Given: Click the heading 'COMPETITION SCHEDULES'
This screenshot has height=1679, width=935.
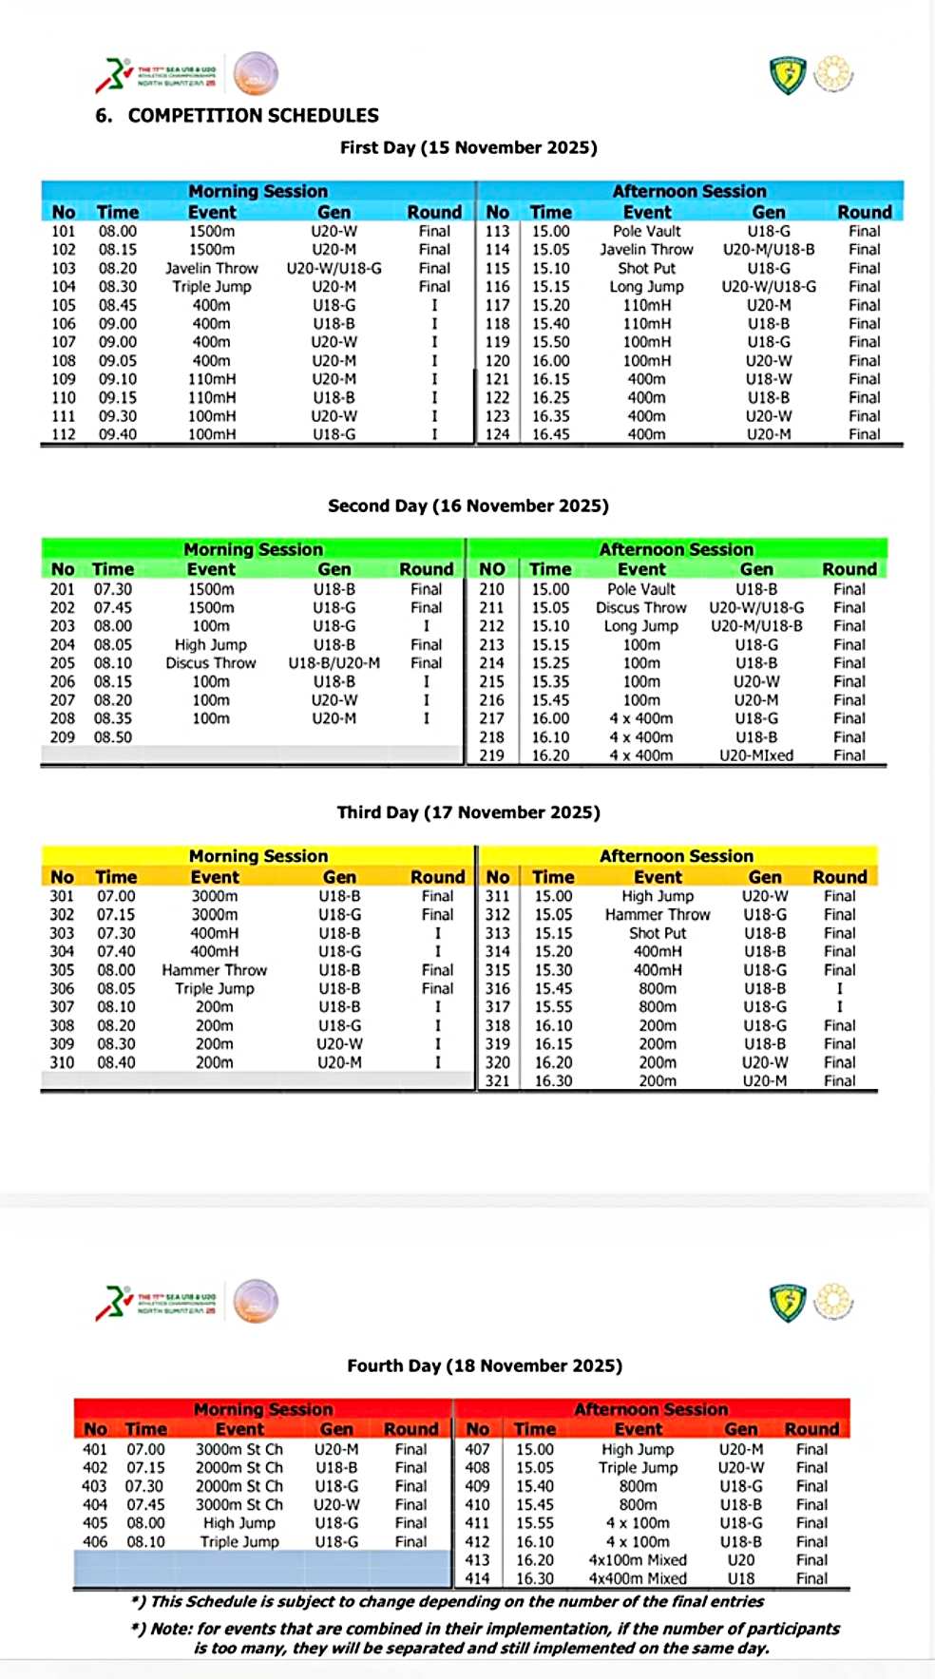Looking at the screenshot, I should tap(253, 116).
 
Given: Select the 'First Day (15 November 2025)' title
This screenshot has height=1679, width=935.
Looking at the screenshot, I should tap(468, 147).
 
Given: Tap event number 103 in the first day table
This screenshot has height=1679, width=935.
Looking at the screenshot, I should tap(64, 268).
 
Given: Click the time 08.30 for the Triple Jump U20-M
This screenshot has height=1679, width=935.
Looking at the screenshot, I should tap(118, 286).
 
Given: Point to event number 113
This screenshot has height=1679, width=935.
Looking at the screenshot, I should tap(498, 231).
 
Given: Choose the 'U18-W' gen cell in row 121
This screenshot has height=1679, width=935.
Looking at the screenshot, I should tap(769, 379).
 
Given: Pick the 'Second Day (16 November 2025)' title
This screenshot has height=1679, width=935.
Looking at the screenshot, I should tap(468, 506).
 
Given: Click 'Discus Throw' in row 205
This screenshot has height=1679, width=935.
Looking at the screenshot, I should tap(211, 663).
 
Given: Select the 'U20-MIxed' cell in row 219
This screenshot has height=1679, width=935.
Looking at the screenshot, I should tap(756, 755).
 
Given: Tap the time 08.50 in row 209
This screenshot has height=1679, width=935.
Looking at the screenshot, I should tap(113, 737).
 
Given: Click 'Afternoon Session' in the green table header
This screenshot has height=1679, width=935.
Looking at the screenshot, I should tap(676, 549).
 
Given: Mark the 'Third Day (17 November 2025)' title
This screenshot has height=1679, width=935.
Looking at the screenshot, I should tap(468, 812).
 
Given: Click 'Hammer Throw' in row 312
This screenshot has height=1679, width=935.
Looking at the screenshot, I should tap(658, 914).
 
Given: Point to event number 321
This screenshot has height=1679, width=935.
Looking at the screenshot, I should tap(498, 1080).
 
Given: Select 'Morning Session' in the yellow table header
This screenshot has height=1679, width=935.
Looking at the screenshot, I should tap(258, 856).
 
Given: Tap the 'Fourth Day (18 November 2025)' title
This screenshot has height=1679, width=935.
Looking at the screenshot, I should tap(485, 1365).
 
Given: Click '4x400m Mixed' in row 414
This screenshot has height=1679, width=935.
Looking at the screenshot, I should tap(638, 1578).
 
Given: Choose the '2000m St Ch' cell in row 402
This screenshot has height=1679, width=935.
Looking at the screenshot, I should tap(239, 1467).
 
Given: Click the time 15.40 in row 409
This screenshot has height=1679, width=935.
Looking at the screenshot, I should tap(535, 1486).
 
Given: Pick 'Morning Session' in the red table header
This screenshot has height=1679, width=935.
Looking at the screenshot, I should tap(263, 1409).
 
